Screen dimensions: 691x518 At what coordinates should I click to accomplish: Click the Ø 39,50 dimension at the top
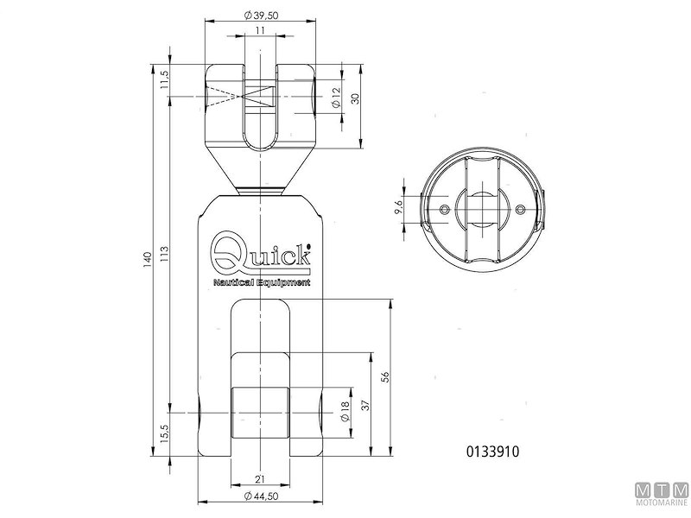click(x=261, y=16)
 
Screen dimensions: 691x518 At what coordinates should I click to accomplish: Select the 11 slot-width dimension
click(x=260, y=30)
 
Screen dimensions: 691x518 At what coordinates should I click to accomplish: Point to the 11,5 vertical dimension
click(x=165, y=79)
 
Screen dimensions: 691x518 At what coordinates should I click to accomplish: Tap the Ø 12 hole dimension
click(x=336, y=98)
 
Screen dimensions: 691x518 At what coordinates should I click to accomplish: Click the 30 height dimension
click(x=356, y=98)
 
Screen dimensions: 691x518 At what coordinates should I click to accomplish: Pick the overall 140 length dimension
click(x=147, y=260)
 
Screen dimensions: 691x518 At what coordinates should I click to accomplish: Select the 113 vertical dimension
click(x=165, y=254)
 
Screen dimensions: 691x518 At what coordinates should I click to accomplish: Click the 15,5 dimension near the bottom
click(x=165, y=434)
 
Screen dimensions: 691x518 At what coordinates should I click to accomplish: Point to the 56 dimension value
click(x=385, y=377)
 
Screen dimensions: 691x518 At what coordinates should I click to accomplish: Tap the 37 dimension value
click(x=365, y=405)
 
